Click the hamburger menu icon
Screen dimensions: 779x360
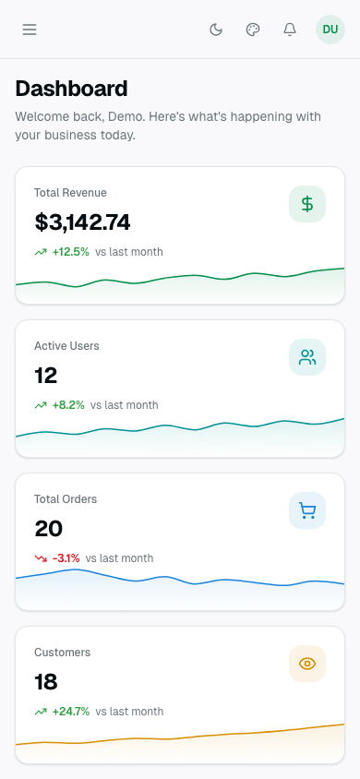click(30, 30)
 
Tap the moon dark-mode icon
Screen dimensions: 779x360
click(216, 30)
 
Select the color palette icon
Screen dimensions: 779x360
click(253, 30)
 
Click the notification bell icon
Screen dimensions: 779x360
click(290, 30)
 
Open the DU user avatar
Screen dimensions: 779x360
click(330, 30)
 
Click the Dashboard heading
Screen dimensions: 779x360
click(71, 89)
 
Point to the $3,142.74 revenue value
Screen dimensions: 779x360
click(82, 222)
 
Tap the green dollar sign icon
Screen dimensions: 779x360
click(307, 204)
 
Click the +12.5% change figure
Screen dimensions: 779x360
click(70, 252)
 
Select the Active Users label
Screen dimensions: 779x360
click(66, 346)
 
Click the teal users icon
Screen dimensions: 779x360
click(307, 357)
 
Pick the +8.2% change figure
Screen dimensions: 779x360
click(68, 405)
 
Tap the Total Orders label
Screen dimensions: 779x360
click(66, 499)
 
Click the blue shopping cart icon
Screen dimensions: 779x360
click(307, 510)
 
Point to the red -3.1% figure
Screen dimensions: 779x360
click(66, 558)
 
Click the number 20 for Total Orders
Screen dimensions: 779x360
click(47, 529)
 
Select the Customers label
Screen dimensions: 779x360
click(62, 653)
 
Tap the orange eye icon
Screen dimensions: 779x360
click(307, 664)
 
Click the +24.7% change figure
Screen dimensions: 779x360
click(70, 712)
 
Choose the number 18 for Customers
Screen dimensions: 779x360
click(46, 682)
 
